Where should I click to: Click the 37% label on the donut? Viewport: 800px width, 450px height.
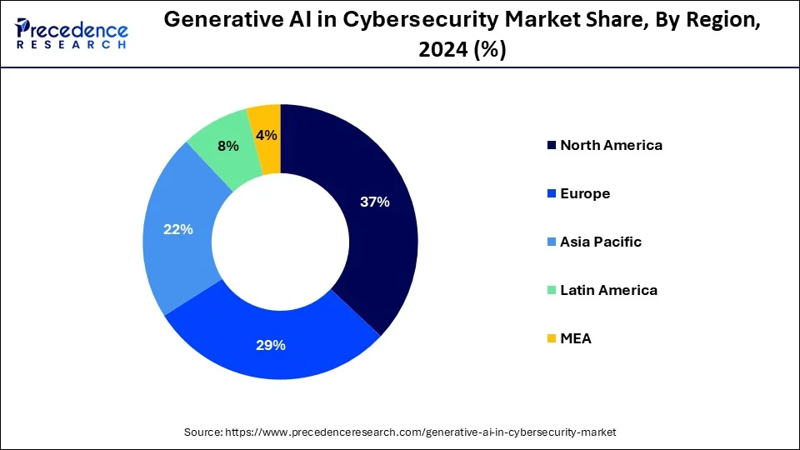coord(375,202)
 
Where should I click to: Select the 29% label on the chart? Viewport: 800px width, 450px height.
coord(271,344)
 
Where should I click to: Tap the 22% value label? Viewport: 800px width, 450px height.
coord(178,229)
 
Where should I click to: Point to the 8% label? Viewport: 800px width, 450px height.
coord(227,146)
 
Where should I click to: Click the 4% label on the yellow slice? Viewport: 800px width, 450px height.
coord(267,135)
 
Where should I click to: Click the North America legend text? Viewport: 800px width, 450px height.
coord(611,145)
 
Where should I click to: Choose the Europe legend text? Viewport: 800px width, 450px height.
coord(585,193)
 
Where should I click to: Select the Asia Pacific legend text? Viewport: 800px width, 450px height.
coord(601,242)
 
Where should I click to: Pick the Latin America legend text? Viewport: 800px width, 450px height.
coord(608,290)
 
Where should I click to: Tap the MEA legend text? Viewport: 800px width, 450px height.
coord(576,338)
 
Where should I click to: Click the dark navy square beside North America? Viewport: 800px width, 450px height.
coord(551,146)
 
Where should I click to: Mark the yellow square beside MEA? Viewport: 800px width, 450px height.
coord(551,339)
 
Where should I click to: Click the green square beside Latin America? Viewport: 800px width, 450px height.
coord(551,291)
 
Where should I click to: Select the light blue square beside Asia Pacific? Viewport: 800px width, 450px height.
coord(551,242)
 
